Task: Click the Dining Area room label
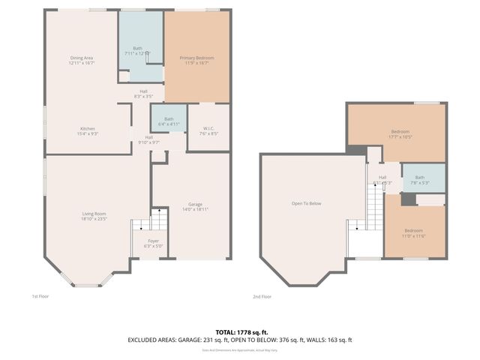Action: pos(82,58)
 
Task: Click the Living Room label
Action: pos(94,214)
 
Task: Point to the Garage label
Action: pos(194,205)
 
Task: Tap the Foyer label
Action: pos(152,241)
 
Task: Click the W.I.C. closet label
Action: pos(208,128)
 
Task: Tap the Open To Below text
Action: pos(306,203)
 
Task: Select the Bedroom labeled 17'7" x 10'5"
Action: pos(400,132)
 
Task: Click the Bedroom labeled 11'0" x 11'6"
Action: pos(413,230)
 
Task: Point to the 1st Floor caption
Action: pos(40,296)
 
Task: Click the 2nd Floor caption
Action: pos(262,296)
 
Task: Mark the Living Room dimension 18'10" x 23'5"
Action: pos(94,220)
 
